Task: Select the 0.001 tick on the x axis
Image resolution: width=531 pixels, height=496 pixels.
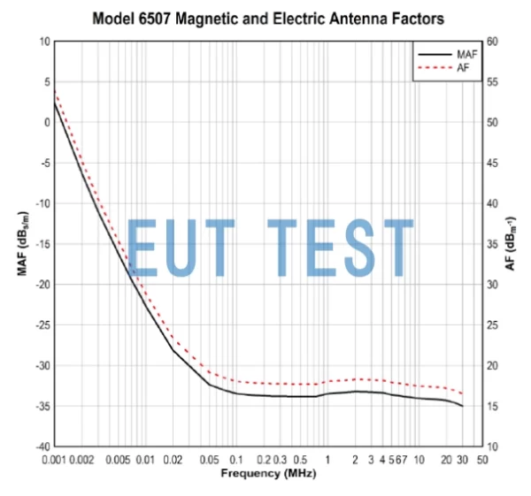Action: click(x=54, y=460)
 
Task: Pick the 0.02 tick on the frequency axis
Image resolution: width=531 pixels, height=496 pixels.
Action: click(x=173, y=460)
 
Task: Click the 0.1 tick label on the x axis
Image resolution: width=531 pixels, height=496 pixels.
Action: click(x=236, y=460)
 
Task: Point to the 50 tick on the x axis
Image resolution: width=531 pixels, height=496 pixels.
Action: click(x=481, y=460)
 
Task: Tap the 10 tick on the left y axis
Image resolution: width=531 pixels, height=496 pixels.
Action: click(x=44, y=42)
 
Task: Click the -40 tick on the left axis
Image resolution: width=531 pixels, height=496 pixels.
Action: click(x=42, y=446)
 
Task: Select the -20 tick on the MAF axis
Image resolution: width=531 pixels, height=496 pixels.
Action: click(x=42, y=285)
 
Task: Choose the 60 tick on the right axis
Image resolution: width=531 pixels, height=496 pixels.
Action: click(x=492, y=42)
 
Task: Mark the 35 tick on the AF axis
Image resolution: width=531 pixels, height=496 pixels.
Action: click(x=492, y=244)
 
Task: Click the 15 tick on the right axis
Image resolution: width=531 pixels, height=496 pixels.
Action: click(x=492, y=406)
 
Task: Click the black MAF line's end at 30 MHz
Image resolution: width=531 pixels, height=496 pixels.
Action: click(x=462, y=406)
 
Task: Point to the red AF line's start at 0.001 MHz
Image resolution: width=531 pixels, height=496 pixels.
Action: click(x=54, y=91)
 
